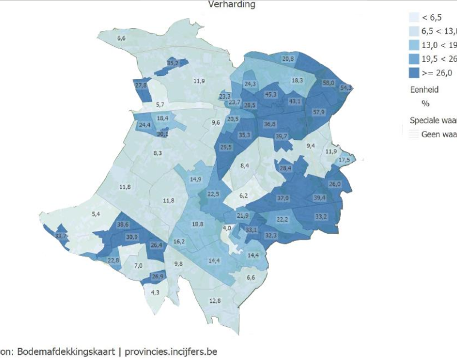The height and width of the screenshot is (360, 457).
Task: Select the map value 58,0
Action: coord(328,83)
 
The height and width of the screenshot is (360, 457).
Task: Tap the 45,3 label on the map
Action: coord(271,94)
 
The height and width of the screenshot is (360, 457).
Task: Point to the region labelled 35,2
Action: coord(173,63)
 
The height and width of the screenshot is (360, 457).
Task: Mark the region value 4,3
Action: coord(155,293)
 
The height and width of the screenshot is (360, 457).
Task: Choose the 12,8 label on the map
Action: coord(215,301)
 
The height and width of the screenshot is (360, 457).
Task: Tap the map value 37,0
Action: coord(283,198)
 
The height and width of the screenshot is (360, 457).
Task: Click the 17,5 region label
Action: coord(344,161)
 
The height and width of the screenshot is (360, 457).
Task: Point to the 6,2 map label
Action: coord(244,196)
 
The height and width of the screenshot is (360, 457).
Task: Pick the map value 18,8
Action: coord(197,225)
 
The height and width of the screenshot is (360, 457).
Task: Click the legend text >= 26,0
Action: coord(437,73)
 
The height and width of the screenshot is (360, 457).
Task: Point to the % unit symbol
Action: coord(425,103)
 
